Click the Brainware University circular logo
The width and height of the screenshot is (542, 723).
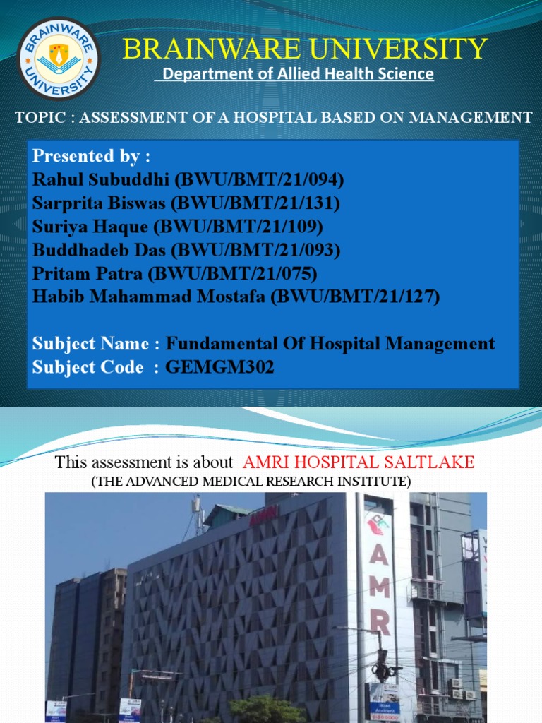click(x=59, y=59)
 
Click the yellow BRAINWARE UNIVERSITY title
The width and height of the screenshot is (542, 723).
click(x=305, y=49)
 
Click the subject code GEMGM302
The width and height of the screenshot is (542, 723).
click(x=219, y=368)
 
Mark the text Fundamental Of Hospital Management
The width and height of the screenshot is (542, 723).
click(x=330, y=344)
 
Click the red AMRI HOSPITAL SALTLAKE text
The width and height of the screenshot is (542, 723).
click(x=359, y=463)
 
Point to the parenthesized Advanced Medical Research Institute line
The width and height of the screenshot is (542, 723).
click(x=251, y=482)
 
